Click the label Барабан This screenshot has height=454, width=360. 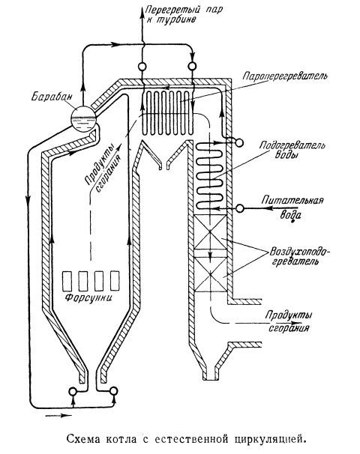(51, 97)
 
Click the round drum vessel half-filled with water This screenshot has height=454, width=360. (83, 118)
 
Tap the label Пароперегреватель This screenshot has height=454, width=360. (285, 77)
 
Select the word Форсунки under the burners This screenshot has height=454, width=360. (88, 298)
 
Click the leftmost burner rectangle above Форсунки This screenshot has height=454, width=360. (67, 280)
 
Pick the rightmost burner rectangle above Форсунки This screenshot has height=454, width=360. (115, 280)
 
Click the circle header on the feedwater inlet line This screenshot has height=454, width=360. (240, 208)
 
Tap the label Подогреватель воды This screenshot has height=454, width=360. (292, 150)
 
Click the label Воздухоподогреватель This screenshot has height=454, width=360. (299, 255)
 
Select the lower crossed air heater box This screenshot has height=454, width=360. (209, 274)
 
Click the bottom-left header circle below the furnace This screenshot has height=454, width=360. (73, 391)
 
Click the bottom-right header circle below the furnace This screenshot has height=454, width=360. (114, 391)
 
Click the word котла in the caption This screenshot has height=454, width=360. (121, 439)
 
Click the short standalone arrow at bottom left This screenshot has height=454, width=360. (58, 416)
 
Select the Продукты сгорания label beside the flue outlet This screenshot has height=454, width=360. (288, 321)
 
